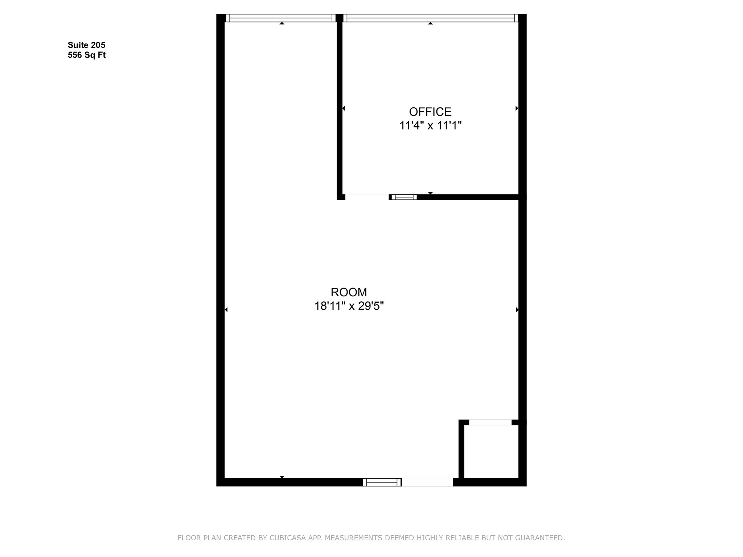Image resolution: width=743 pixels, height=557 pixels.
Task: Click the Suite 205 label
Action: pyautogui.click(x=86, y=45)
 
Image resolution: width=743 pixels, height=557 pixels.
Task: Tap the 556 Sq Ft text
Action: pyautogui.click(x=87, y=55)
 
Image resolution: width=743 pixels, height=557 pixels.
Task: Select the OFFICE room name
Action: pyautogui.click(x=430, y=111)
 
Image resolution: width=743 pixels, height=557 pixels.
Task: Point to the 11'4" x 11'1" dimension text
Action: pyautogui.click(x=430, y=125)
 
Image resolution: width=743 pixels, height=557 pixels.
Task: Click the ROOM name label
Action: pyautogui.click(x=349, y=292)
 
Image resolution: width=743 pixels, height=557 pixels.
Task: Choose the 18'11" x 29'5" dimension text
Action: pyautogui.click(x=349, y=306)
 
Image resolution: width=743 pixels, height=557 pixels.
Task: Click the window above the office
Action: pyautogui.click(x=431, y=18)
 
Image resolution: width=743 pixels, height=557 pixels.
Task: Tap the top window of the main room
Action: pyautogui.click(x=281, y=18)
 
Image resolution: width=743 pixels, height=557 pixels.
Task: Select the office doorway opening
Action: pyautogui.click(x=367, y=197)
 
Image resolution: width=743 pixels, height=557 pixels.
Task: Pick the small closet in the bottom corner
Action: pyautogui.click(x=491, y=451)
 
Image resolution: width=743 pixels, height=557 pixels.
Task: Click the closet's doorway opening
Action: pyautogui.click(x=490, y=422)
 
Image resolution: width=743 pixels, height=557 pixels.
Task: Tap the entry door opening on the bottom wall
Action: pyautogui.click(x=427, y=482)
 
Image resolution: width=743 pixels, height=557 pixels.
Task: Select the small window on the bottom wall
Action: pyautogui.click(x=382, y=482)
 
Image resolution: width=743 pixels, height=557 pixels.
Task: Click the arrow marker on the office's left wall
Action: pyautogui.click(x=344, y=108)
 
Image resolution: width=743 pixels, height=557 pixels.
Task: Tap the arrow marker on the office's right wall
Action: pyautogui.click(x=517, y=108)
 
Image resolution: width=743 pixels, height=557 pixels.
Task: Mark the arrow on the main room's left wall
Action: pyautogui.click(x=226, y=309)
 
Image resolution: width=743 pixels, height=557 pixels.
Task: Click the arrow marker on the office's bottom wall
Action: pyautogui.click(x=430, y=193)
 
